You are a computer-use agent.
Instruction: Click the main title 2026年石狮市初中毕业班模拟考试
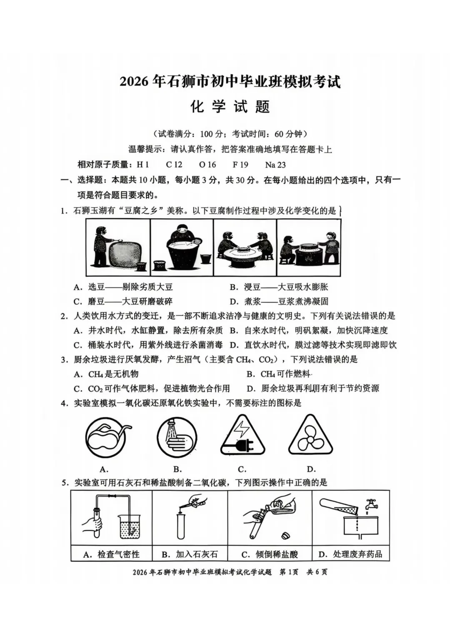point(230,81)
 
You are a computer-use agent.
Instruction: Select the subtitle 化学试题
point(230,107)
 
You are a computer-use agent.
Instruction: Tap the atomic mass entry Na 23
point(275,165)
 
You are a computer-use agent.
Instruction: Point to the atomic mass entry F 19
point(240,165)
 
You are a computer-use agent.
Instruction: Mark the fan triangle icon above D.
point(310,437)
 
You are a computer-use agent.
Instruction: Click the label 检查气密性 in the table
point(112,554)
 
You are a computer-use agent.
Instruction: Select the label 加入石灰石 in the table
point(190,554)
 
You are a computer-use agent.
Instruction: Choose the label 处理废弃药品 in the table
point(350,554)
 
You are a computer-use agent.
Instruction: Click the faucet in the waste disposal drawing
point(370,504)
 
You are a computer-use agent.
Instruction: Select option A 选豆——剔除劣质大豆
point(123,287)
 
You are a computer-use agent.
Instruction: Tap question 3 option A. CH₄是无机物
point(106,374)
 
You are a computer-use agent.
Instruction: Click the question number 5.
point(65,483)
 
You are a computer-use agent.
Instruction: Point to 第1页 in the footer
point(289,572)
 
